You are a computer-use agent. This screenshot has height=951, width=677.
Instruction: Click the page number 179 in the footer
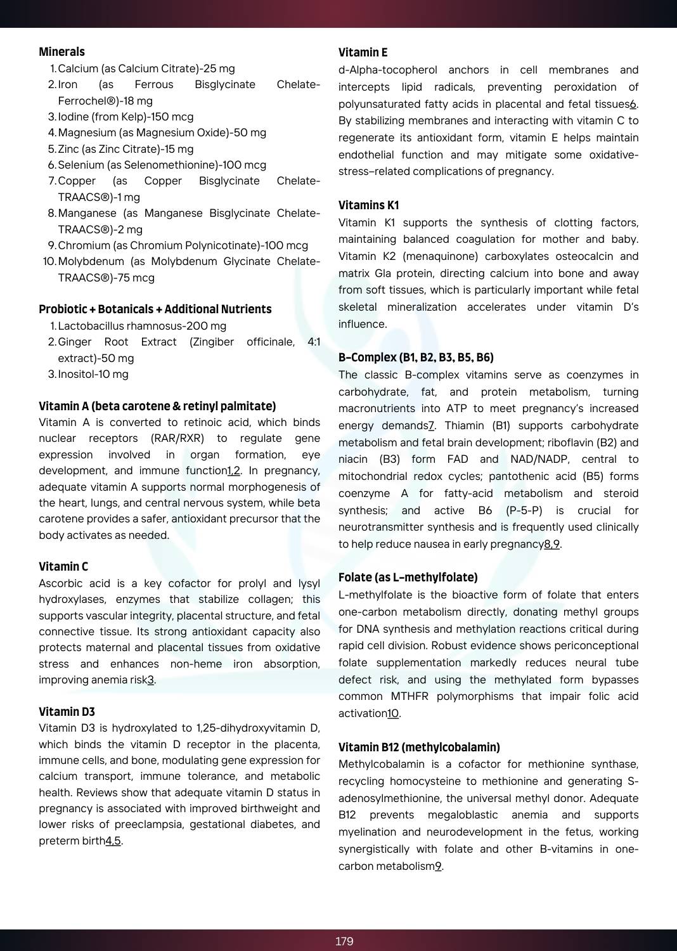[344, 941]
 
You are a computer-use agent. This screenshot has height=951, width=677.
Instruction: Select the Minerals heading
[61, 52]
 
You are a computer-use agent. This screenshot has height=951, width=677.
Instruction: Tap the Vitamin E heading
[363, 53]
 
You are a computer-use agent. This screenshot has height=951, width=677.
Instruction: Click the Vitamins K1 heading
[368, 205]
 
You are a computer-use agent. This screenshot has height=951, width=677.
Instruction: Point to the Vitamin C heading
[63, 567]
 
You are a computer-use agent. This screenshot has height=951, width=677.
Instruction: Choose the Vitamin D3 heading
[67, 712]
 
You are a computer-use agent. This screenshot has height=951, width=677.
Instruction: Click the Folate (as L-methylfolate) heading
[408, 578]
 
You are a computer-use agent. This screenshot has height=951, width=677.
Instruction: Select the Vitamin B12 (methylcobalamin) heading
[419, 747]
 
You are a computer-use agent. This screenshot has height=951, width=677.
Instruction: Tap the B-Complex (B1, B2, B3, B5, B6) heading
[416, 358]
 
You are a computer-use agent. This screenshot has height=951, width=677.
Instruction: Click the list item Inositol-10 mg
[93, 374]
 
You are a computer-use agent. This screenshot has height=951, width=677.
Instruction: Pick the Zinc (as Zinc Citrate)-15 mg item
[126, 149]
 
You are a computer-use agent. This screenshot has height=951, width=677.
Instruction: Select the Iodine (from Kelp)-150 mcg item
[126, 117]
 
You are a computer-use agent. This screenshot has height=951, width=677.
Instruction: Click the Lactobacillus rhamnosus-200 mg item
[142, 326]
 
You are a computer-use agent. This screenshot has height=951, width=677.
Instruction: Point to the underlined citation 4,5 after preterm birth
[113, 841]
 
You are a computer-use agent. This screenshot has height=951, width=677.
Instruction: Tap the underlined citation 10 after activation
[393, 714]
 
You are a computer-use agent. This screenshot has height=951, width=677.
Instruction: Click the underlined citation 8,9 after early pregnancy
[551, 544]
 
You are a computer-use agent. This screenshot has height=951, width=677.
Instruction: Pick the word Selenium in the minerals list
[81, 165]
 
